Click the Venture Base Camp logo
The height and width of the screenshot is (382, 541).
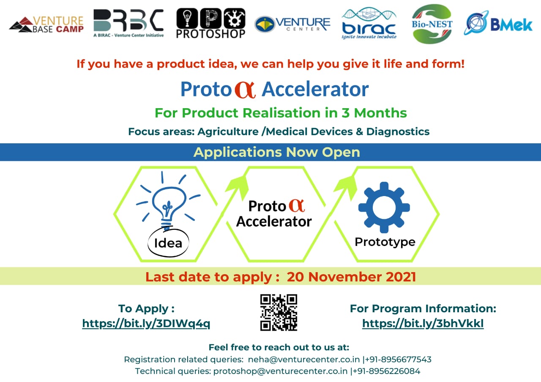(46, 24)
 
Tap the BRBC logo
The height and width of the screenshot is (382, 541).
(128, 23)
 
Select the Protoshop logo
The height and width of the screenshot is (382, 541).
(210, 23)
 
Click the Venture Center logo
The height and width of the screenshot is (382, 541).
(292, 24)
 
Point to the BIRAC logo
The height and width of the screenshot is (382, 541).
(369, 23)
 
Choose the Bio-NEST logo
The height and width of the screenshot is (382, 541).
(432, 24)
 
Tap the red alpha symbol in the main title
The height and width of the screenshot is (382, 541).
(245, 90)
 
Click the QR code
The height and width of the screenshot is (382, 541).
(279, 312)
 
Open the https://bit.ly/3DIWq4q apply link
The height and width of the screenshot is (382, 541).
(146, 323)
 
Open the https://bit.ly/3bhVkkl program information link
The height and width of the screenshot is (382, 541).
(423, 323)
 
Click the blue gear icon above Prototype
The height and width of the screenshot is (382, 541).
(384, 207)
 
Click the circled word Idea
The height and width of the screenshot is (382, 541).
(168, 243)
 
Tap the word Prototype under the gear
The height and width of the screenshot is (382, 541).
(385, 242)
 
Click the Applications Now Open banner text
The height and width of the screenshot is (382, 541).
(277, 152)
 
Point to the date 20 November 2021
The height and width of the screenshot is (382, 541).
(351, 277)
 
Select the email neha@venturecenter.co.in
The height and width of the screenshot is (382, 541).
(304, 359)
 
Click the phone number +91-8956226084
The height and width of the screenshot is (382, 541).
(386, 371)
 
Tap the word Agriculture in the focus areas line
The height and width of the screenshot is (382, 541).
(228, 132)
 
